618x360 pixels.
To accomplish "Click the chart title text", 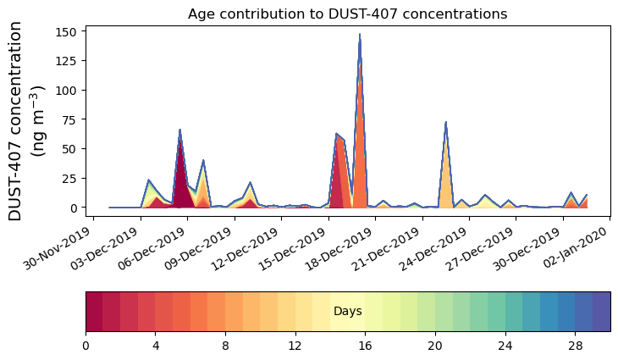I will click(347, 14).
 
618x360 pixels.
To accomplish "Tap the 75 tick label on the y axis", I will click(72, 119).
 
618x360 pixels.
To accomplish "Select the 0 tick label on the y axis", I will click(75, 208).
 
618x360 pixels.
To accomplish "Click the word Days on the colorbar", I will click(348, 312).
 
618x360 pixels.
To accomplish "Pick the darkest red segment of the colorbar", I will click(94, 312).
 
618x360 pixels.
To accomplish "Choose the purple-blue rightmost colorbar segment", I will click(601, 312).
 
